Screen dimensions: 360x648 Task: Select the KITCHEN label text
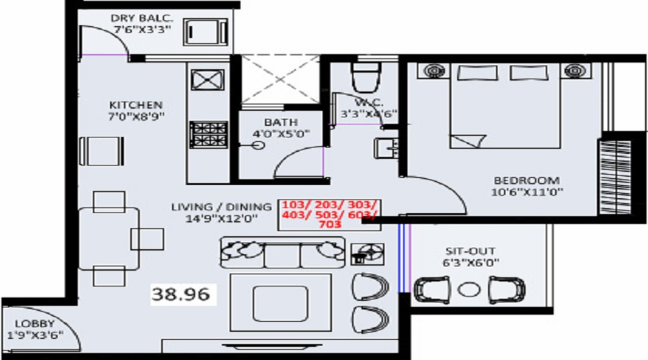tap(136, 104)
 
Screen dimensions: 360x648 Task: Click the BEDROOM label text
tap(526, 180)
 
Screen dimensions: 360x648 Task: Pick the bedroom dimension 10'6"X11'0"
tap(526, 192)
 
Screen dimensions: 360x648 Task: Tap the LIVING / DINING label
tap(221, 207)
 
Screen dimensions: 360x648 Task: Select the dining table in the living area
tap(108, 238)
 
